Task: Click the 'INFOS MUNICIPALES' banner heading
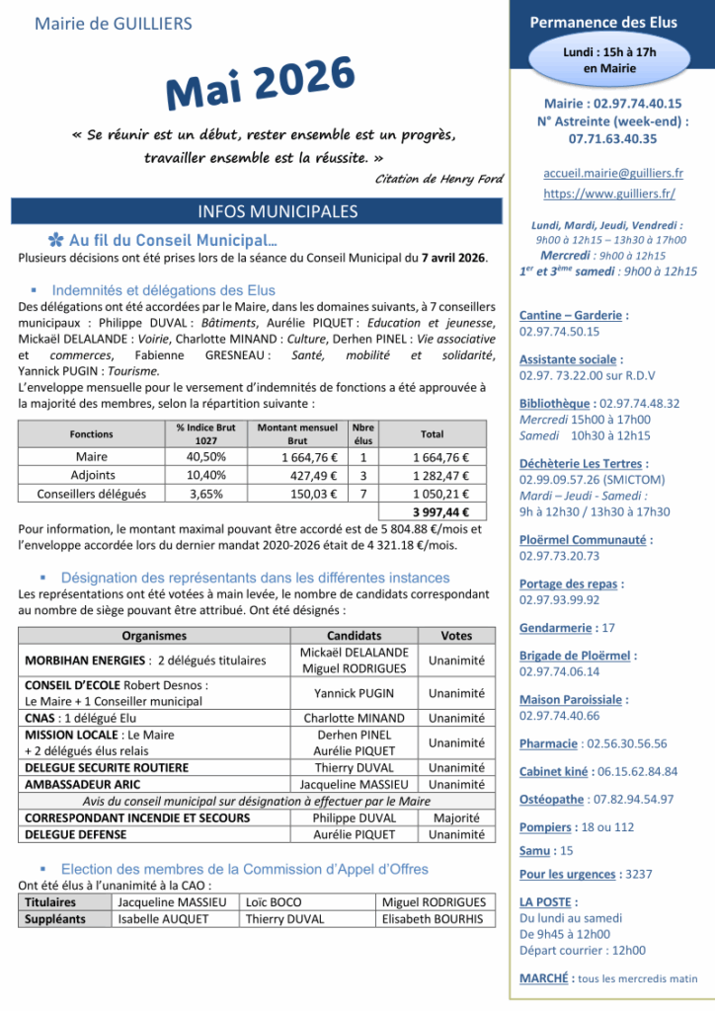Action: (259, 211)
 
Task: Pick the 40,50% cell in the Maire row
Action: (206, 457)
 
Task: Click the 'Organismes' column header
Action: (153, 636)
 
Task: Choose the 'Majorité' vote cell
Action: (456, 818)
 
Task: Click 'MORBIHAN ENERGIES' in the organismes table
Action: (80, 660)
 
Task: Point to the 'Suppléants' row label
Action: (55, 918)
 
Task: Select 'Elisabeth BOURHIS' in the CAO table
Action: (433, 918)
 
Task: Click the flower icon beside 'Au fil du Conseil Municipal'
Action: (56, 240)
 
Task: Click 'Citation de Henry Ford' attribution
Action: (439, 178)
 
